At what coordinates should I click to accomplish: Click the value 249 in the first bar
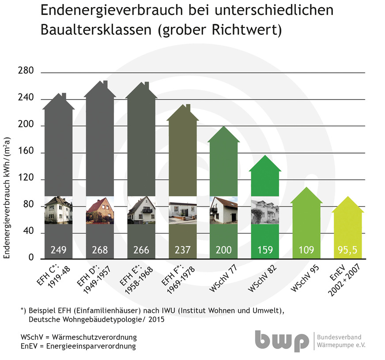click(x=58, y=250)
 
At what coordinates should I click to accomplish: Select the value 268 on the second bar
click(x=100, y=250)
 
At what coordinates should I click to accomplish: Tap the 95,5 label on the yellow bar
click(x=347, y=250)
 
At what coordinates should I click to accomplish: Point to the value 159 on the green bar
click(x=265, y=250)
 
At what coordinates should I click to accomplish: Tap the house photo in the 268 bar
click(x=100, y=210)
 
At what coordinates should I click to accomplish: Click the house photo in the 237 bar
click(x=182, y=210)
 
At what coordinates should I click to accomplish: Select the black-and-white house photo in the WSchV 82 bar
click(x=265, y=210)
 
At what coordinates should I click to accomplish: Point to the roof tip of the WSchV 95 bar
click(x=306, y=188)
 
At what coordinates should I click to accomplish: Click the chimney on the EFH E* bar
click(x=147, y=84)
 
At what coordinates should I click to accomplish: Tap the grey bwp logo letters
click(x=282, y=341)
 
